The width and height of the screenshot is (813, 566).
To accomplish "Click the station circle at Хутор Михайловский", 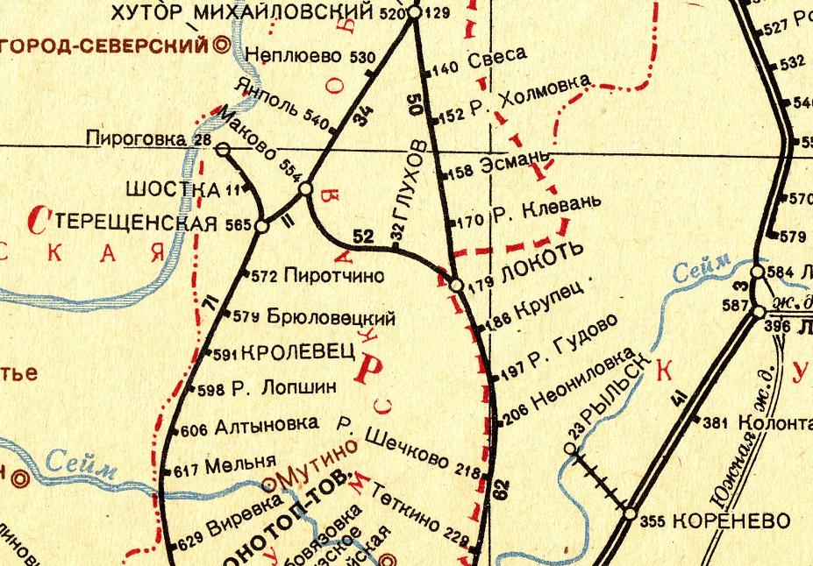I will point(415,13).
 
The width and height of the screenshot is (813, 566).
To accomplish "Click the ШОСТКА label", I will point(173,188).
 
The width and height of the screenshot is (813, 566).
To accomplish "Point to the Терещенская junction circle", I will point(260,226).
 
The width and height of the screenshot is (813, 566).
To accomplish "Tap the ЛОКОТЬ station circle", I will point(456,285).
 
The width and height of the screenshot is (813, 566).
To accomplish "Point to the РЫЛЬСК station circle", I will point(570,449).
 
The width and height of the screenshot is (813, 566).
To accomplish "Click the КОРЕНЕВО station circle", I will point(630,514).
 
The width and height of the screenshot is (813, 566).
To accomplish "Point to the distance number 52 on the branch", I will point(365,235).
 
